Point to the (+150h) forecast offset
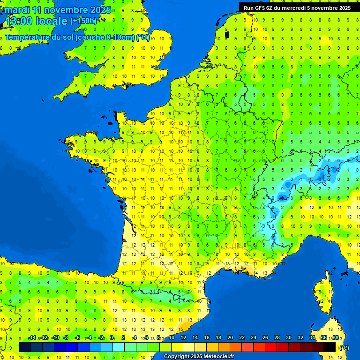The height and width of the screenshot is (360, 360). coord(83,21)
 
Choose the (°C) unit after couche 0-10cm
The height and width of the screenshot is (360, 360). coord(142,37)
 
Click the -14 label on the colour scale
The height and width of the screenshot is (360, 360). coord(32,338)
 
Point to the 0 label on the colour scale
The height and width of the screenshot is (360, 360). coord(112,338)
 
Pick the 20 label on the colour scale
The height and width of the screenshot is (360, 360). coord(230,338)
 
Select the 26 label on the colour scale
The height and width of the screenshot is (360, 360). coord(265,338)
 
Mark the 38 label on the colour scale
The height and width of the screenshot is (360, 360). coord(335,338)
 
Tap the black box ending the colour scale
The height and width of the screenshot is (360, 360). coord(330,347)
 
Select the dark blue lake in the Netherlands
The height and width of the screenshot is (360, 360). coord(227,34)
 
